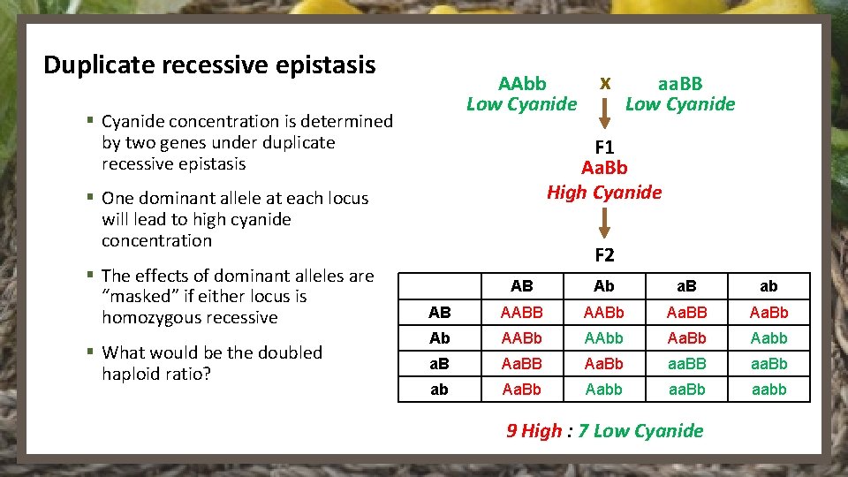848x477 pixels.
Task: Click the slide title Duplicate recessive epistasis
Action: pos(209,65)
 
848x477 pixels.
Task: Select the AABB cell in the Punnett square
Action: pos(522,313)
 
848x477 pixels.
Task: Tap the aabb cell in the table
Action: pos(768,390)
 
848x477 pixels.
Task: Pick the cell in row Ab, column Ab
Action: pos(604,338)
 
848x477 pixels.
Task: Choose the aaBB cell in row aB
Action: pos(686,364)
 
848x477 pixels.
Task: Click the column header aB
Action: pos(686,286)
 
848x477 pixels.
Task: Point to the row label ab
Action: pos(439,390)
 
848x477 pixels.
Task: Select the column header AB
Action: pos(522,286)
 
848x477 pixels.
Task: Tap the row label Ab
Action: pos(439,338)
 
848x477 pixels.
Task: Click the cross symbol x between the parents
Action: pos(605,83)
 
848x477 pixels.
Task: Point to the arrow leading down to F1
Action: pos(605,113)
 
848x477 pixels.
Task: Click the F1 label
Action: pos(604,146)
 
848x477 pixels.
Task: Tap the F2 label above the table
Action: pos(604,256)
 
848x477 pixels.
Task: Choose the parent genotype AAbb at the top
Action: pos(522,84)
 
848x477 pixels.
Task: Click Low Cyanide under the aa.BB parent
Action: pos(679,104)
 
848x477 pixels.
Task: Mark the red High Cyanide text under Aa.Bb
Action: pos(604,192)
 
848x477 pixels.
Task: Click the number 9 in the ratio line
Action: pos(511,431)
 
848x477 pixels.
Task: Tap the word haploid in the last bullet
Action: pos(132,374)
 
